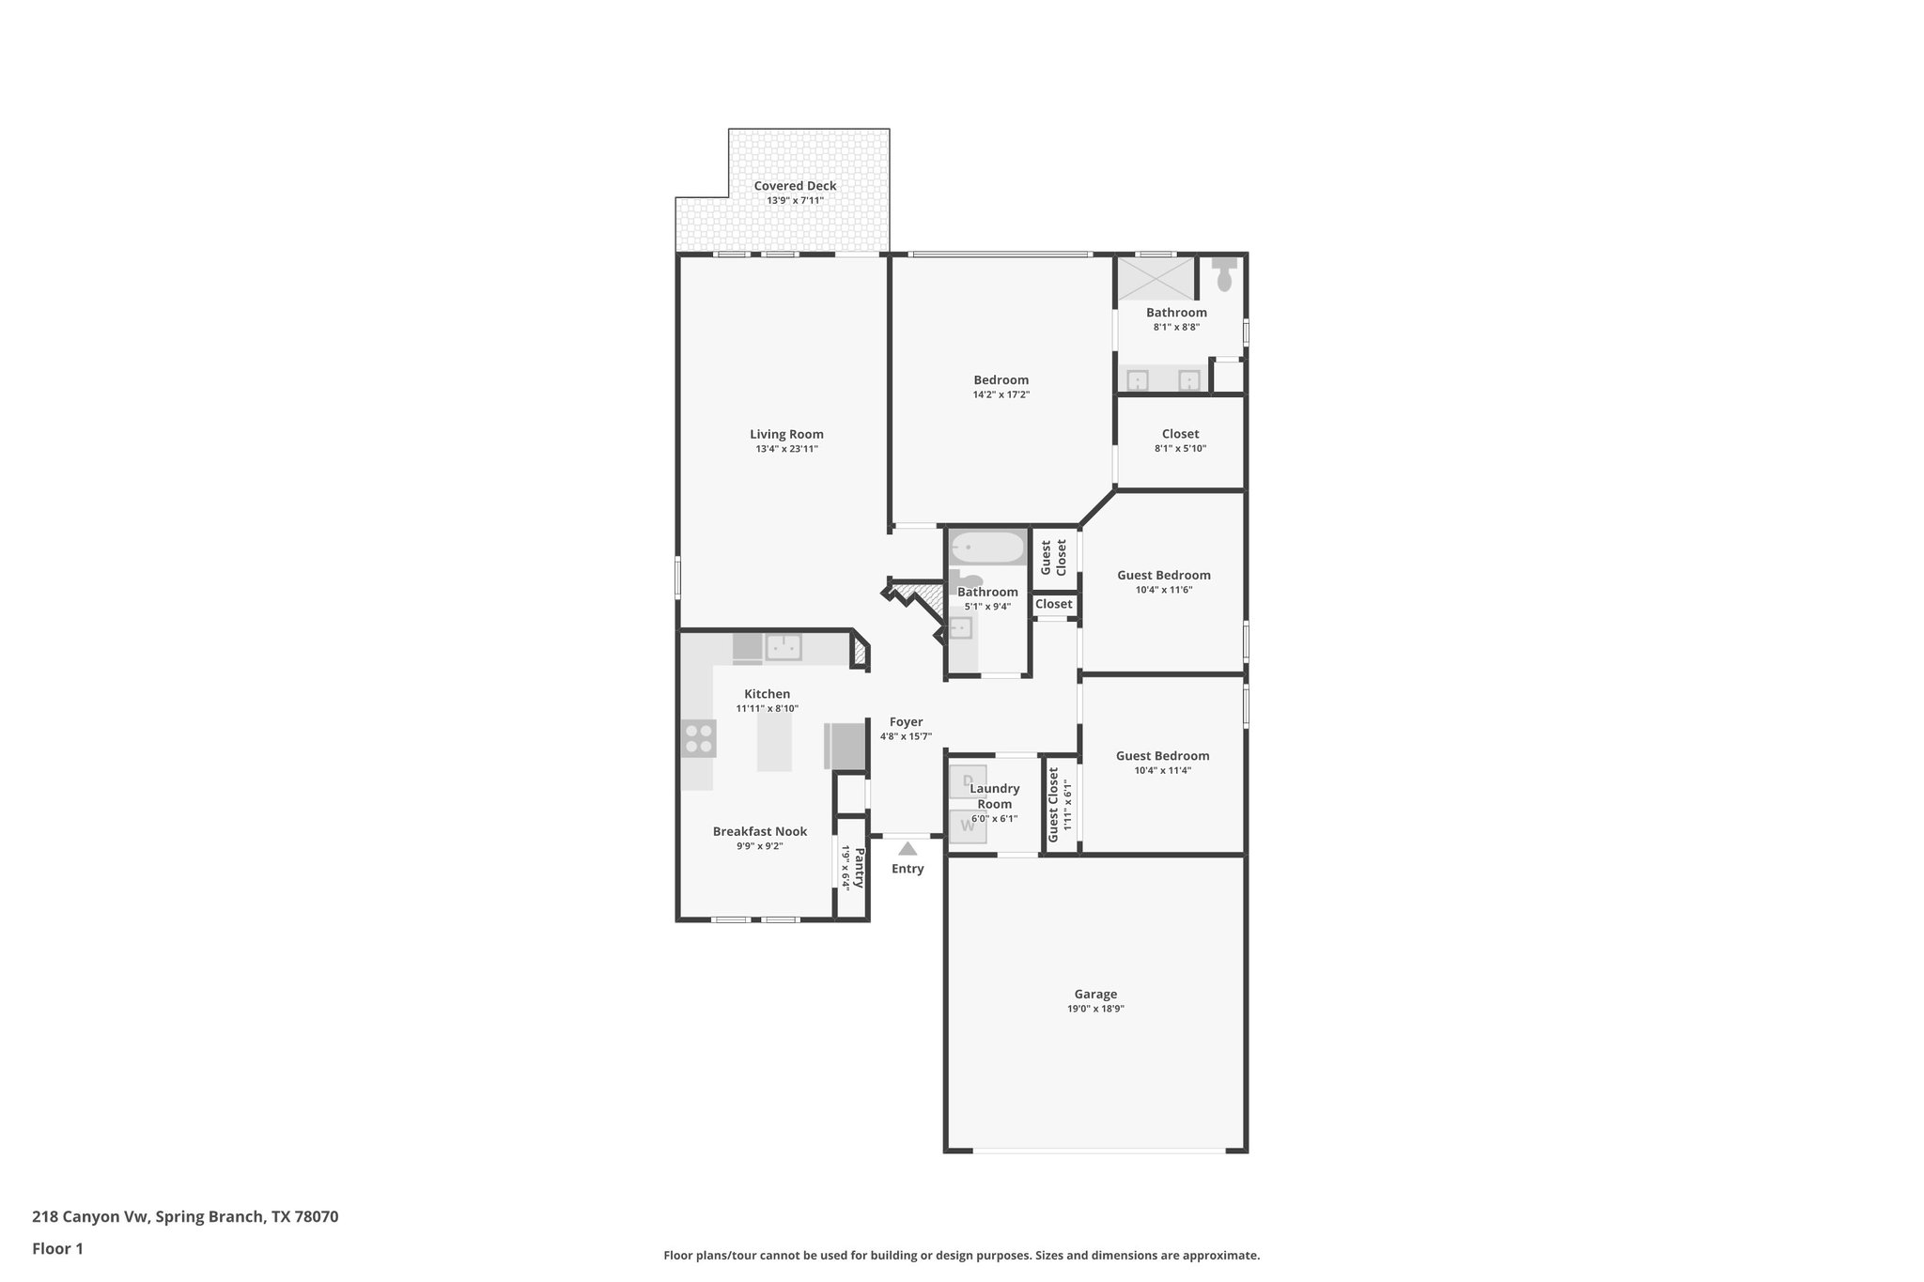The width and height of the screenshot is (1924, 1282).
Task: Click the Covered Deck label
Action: pos(795,186)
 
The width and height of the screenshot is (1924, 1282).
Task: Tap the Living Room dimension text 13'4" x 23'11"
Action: pos(786,449)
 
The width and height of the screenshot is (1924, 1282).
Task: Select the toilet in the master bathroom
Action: pos(1224,275)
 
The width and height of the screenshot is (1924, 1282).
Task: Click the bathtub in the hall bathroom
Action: pos(986,547)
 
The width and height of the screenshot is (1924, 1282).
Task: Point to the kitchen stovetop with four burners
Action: pos(698,738)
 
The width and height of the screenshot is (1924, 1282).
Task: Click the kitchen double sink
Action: pos(783,647)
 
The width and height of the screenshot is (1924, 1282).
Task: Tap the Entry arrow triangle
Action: pos(907,848)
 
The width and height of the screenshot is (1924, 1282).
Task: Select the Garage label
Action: pos(1095,994)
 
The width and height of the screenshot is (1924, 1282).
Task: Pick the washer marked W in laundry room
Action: pos(967,826)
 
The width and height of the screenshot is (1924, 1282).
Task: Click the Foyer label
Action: pos(906,722)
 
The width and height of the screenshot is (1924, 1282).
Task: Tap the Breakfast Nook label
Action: pos(759,831)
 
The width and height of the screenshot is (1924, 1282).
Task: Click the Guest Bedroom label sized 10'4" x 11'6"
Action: pos(1163,575)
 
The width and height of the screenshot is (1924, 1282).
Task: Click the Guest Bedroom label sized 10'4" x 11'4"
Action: pos(1162,755)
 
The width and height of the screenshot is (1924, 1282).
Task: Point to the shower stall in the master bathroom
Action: pos(1156,279)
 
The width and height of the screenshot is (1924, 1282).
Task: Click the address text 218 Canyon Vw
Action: pos(90,1216)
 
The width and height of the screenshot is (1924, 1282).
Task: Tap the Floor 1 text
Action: pos(57,1248)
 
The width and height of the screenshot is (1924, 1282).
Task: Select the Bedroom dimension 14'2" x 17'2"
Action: pos(1001,394)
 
